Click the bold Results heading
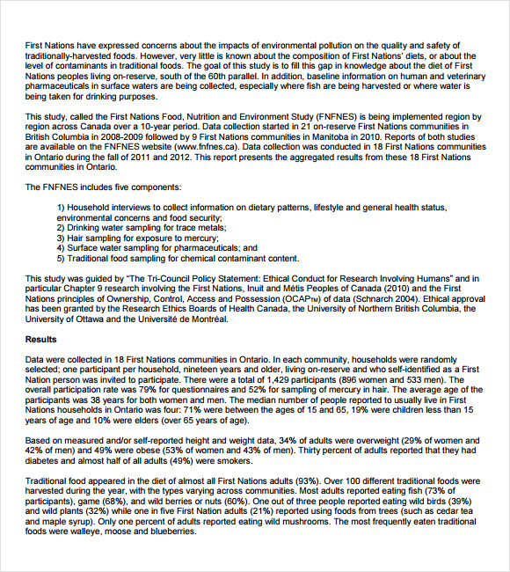pyautogui.click(x=41, y=339)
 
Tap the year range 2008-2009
pyautogui.click(x=157, y=136)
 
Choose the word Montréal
pyautogui.click(x=202, y=319)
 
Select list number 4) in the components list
pyautogui.click(x=61, y=248)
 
